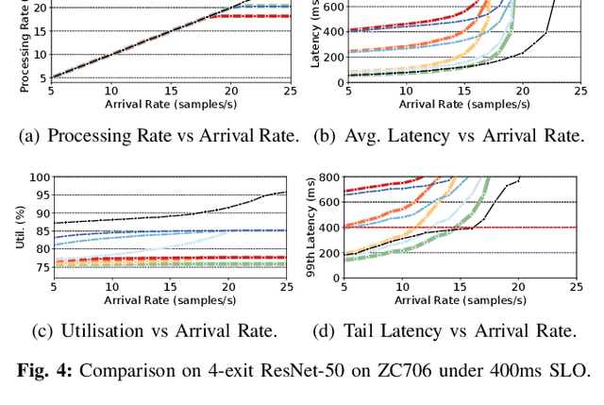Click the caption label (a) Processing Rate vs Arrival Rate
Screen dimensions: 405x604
159,136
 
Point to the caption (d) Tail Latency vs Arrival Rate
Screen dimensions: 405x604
444,330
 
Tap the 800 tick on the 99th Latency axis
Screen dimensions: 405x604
327,177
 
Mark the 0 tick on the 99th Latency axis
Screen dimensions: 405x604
334,278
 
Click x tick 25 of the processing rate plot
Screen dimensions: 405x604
289,91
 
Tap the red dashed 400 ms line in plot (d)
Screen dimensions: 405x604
547,228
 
